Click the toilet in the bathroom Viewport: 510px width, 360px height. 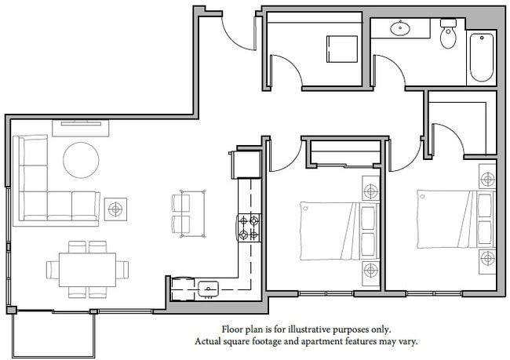point(449,34)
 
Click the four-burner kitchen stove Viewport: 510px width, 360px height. point(249,227)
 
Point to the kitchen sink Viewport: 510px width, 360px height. point(209,289)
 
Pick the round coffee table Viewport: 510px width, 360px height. point(81,160)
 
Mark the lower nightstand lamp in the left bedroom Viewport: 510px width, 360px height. point(370,271)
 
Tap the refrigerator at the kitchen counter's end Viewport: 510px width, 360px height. point(244,164)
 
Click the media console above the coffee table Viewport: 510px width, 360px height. point(81,125)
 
